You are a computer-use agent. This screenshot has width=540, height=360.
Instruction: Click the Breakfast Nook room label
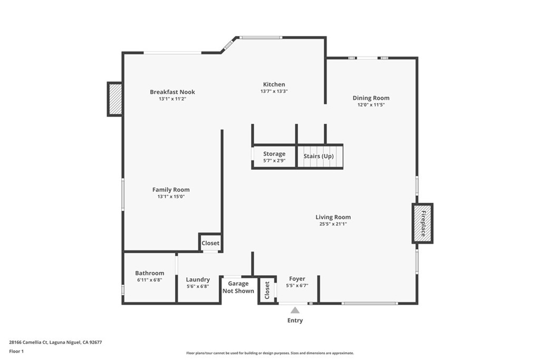pos(172,92)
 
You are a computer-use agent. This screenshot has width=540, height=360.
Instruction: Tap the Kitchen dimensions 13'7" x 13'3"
pos(274,91)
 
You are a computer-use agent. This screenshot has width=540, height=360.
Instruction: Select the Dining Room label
pos(371,98)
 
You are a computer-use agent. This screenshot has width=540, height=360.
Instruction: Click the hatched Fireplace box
pos(422,223)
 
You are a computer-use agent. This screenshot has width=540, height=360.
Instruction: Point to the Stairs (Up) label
pos(319,156)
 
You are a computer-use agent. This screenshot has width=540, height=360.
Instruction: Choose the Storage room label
pos(274,154)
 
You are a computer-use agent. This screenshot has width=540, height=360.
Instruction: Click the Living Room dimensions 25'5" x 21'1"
pos(333,224)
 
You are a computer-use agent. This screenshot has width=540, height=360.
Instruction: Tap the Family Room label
pos(171,190)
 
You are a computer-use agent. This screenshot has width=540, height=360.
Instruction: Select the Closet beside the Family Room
pos(210,243)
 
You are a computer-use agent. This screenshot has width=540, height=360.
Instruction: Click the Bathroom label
pos(150,273)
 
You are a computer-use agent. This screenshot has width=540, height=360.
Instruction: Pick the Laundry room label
pos(198,279)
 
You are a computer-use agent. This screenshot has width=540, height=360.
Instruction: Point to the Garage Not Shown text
pos(238,287)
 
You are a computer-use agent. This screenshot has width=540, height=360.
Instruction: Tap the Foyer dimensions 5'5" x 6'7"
pos(297,286)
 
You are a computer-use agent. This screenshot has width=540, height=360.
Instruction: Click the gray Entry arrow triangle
pos(295,310)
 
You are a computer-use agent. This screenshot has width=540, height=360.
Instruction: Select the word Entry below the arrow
pos(295,320)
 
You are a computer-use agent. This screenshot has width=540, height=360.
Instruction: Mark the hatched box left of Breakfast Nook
pos(115,99)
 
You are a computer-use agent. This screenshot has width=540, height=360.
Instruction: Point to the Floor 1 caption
pos(16,351)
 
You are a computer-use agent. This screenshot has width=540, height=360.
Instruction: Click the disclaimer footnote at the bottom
pos(269,353)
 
